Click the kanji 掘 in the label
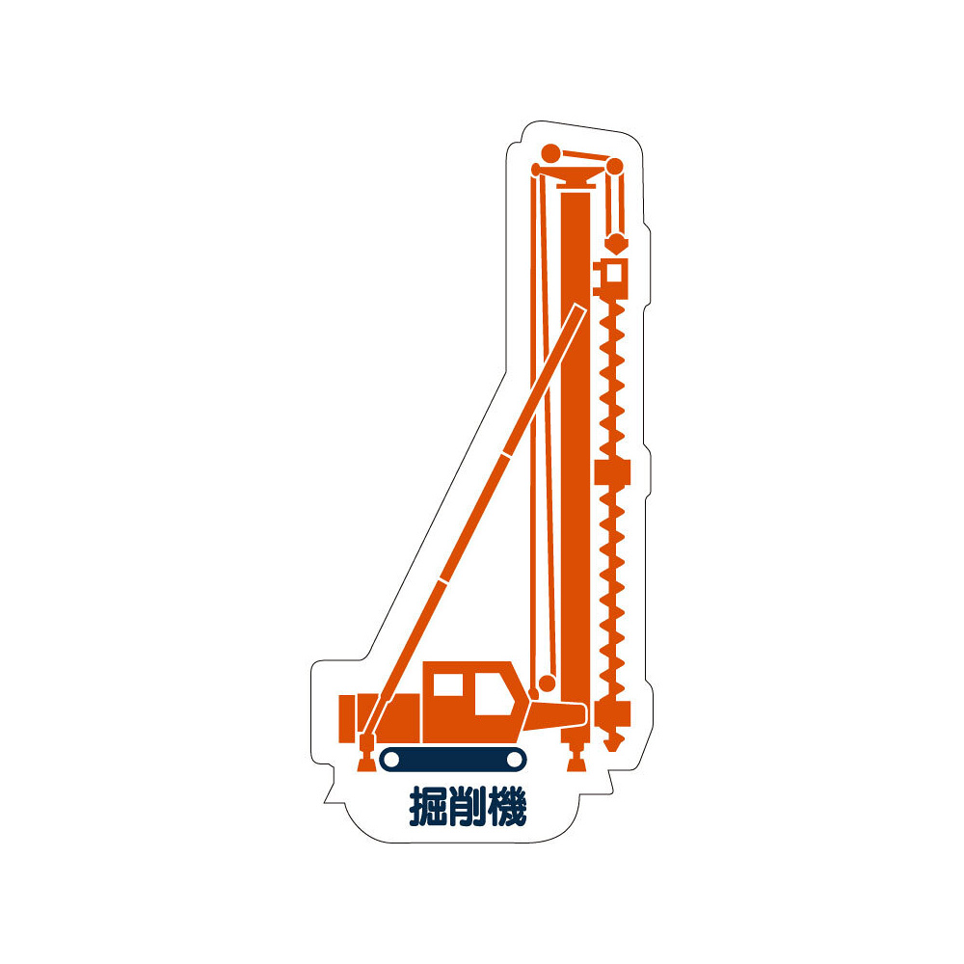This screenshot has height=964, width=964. (429, 806)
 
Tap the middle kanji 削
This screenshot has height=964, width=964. (469, 806)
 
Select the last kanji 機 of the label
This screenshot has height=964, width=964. (507, 806)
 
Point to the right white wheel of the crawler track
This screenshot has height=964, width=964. (514, 760)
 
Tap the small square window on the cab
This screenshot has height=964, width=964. (448, 684)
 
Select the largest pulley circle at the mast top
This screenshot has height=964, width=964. (550, 153)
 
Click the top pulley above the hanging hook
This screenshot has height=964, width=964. (614, 167)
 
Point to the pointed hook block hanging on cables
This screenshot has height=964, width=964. (616, 243)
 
